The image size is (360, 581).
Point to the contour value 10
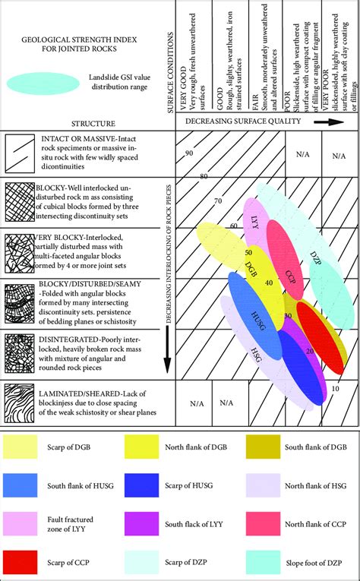click(335, 388)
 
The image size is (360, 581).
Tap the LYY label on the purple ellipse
click(254, 222)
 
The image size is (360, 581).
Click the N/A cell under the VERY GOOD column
click(195, 404)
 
